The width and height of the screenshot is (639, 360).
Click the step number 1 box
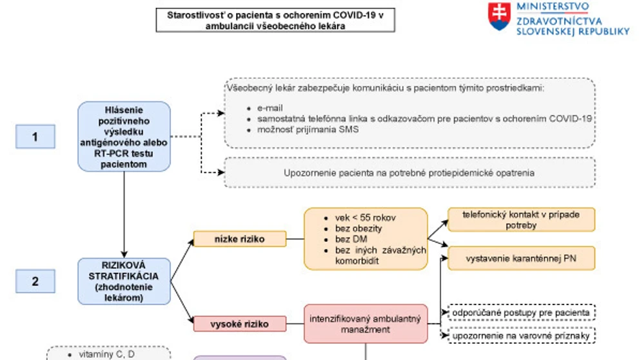click(x=35, y=137)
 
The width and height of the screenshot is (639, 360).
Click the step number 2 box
click(x=35, y=281)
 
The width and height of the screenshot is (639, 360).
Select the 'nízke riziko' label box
click(x=240, y=239)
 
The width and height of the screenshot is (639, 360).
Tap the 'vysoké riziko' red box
click(x=240, y=324)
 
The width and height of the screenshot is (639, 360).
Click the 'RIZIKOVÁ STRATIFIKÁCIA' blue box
click(x=124, y=281)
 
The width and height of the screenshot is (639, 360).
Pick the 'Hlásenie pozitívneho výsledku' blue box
click(x=124, y=137)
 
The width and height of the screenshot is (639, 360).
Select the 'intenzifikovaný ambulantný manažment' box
click(x=366, y=324)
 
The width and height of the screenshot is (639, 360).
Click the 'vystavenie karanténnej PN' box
click(x=521, y=258)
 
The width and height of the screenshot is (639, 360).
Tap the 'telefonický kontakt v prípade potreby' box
click(x=521, y=220)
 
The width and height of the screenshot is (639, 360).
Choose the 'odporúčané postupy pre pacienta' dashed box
click(x=521, y=313)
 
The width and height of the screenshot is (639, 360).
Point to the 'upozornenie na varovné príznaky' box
click(x=521, y=336)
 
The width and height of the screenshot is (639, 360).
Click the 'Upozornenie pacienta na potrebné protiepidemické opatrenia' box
click(x=409, y=172)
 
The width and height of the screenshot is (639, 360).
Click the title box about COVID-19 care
click(x=275, y=21)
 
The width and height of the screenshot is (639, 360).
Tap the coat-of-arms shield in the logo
click(x=499, y=16)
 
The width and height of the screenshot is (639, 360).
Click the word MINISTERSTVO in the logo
click(x=553, y=6)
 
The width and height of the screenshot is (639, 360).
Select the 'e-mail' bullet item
click(x=270, y=108)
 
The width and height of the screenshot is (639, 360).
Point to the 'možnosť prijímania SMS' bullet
click(x=308, y=130)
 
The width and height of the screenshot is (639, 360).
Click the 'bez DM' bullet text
click(x=351, y=239)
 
